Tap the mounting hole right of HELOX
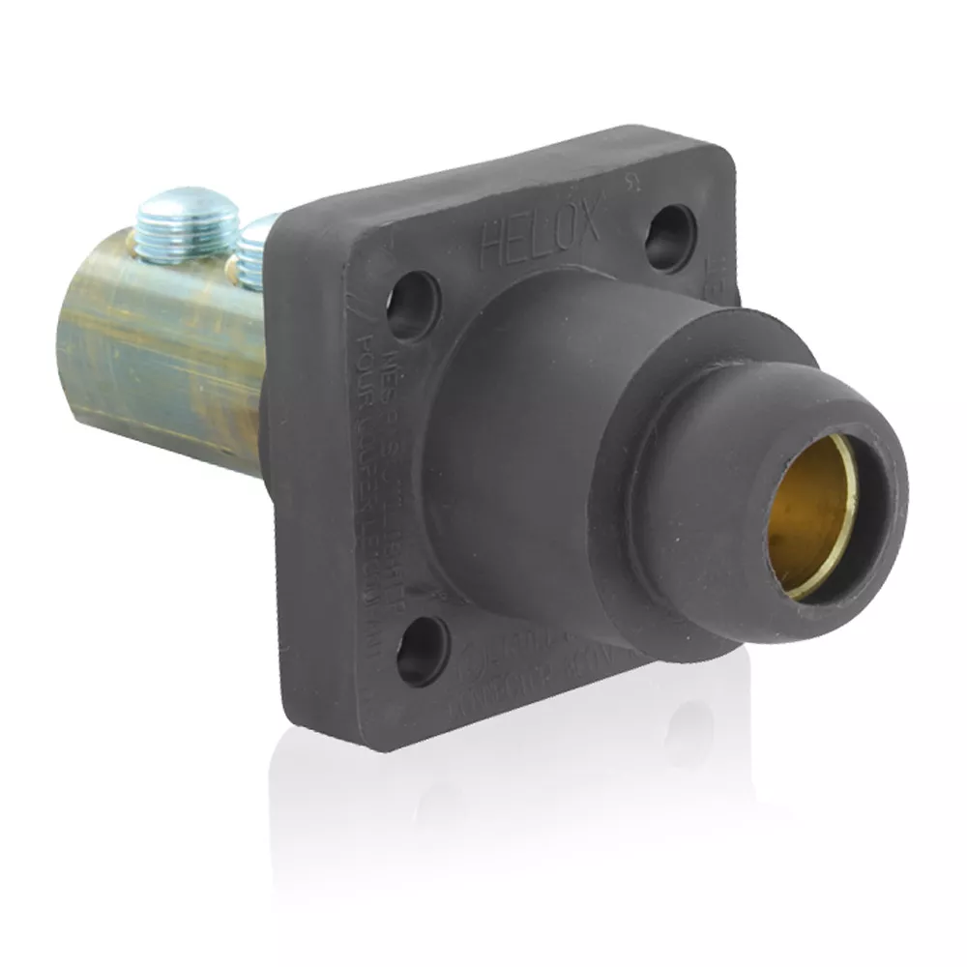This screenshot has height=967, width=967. [x=670, y=238]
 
